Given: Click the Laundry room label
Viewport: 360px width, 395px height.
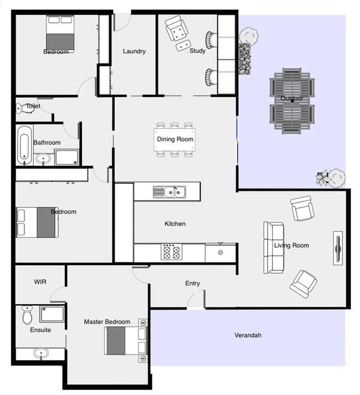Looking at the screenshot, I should [134, 51].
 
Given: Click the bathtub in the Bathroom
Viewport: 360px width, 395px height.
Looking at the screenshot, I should [24, 145].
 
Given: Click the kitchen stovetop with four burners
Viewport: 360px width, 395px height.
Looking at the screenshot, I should [171, 252].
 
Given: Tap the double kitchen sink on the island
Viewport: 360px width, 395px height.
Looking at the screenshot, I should [169, 191].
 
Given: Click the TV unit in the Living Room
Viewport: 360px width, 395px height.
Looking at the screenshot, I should [338, 248].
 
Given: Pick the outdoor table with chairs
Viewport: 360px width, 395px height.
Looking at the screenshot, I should [292, 101].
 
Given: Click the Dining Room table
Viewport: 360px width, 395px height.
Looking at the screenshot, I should [175, 140].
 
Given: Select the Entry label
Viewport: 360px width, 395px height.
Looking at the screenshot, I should [192, 283].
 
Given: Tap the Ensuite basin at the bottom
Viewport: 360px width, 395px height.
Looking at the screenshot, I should [41, 353].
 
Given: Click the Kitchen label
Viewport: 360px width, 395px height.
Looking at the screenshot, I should [175, 223].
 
